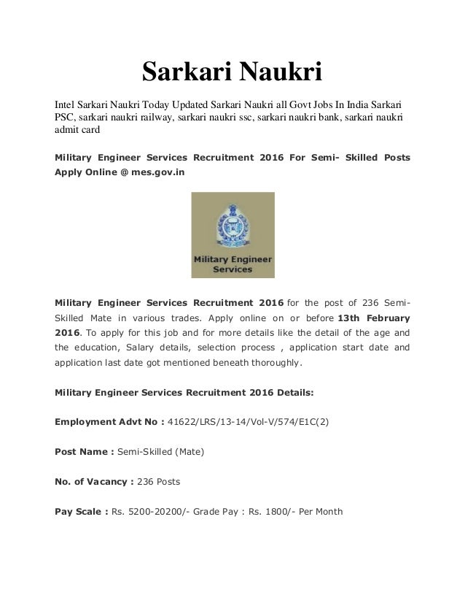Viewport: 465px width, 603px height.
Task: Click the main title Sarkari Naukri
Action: [x=232, y=72]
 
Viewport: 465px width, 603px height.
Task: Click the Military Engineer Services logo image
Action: [x=232, y=235]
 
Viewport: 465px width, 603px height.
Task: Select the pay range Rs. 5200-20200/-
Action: [x=153, y=511]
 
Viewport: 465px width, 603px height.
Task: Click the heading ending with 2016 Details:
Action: [x=184, y=391]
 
